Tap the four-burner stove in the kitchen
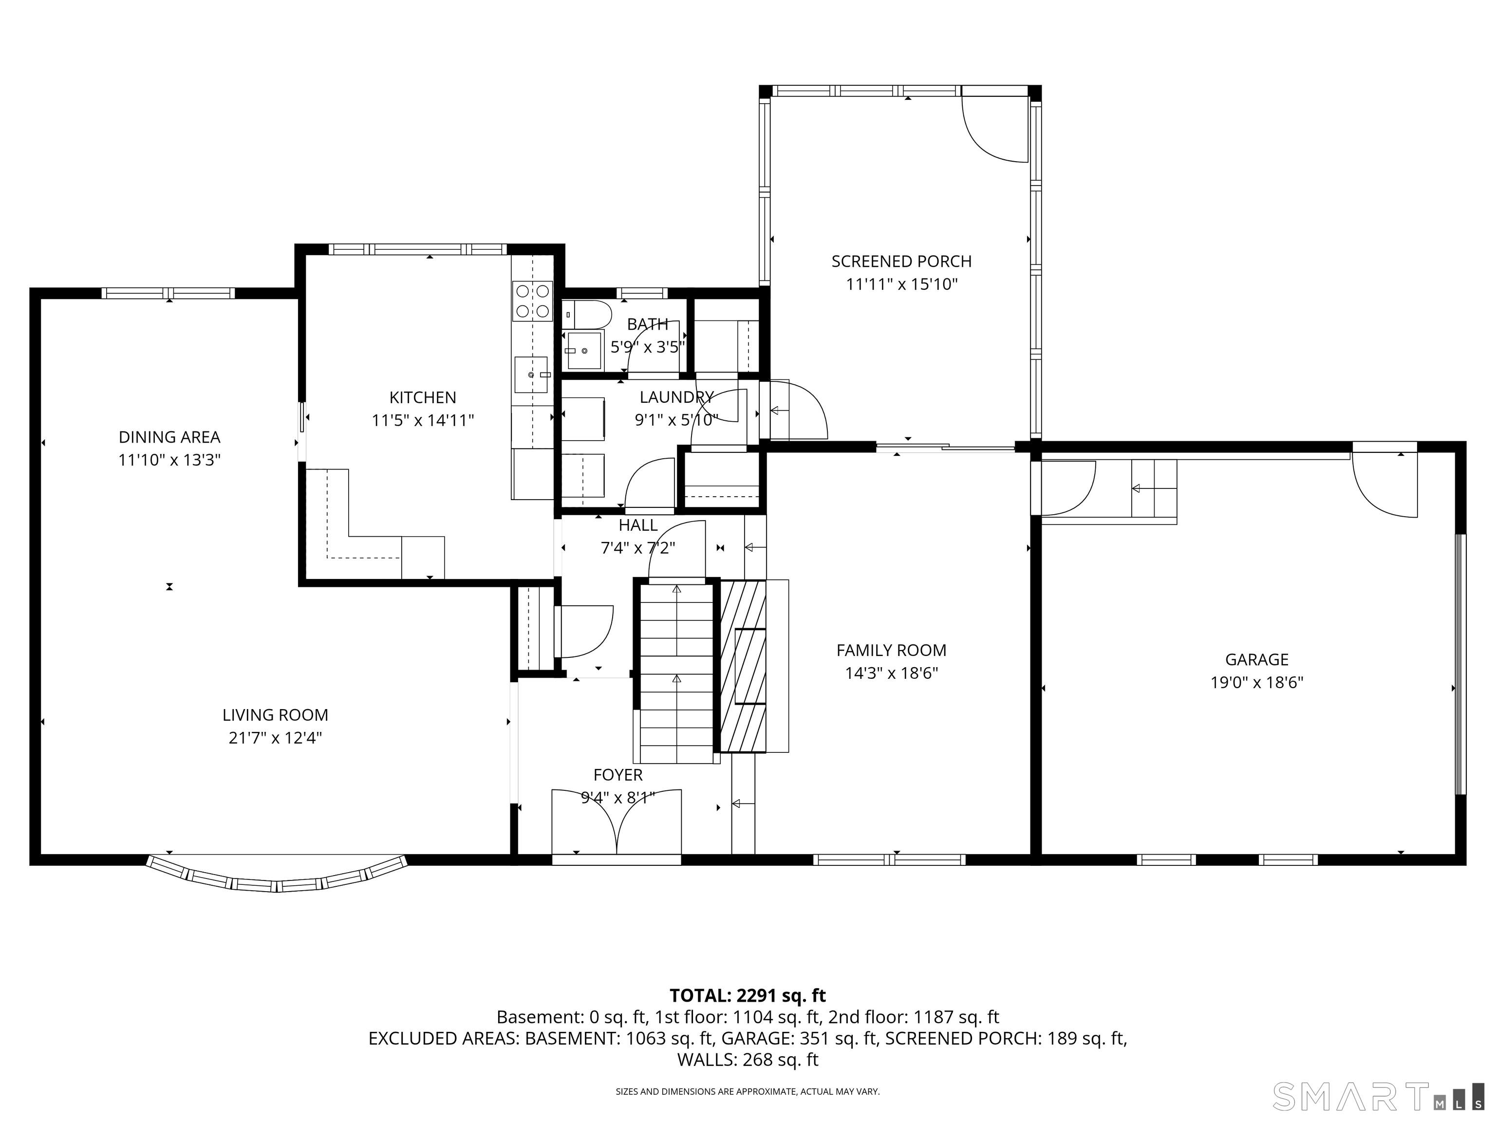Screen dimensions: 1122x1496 click(532, 301)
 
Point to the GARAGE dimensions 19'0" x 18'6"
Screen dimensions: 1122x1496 click(1256, 682)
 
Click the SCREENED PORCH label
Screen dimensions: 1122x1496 click(901, 261)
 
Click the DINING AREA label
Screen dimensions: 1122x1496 click(170, 437)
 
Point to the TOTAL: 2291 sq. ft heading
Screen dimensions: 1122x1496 click(748, 995)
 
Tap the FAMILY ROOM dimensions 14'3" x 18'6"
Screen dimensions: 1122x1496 click(891, 673)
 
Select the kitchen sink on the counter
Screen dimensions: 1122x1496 click(531, 374)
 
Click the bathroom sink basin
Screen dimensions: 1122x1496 click(584, 350)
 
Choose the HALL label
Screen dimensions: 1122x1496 click(638, 525)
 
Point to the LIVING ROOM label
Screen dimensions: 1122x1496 click(275, 715)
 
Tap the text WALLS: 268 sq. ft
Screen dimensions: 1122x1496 click(748, 1060)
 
